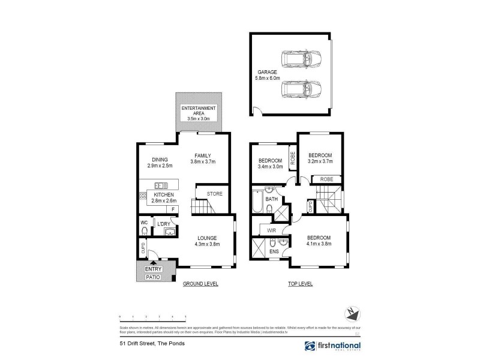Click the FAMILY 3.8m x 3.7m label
tap(203, 158)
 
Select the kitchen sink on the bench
tap(161, 185)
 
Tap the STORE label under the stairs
tap(214, 194)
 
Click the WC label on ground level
tap(143, 223)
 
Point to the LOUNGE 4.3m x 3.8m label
tap(206, 241)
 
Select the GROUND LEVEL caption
tap(200, 283)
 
